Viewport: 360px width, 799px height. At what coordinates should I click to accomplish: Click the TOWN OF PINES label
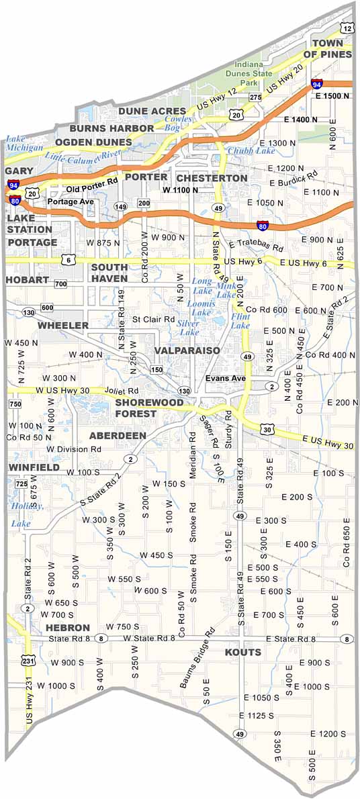(x=327, y=48)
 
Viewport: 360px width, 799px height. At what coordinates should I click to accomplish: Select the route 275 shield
(x=255, y=97)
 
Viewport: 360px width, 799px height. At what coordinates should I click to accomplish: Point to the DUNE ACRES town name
(x=152, y=111)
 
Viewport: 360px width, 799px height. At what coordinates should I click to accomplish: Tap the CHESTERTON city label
(x=212, y=178)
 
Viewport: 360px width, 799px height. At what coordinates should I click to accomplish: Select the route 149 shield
(x=120, y=206)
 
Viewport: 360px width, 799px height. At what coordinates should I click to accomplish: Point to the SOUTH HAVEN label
(x=109, y=272)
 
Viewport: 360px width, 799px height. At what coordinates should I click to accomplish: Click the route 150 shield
(x=156, y=369)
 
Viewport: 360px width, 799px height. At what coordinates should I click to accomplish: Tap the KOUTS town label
(x=242, y=653)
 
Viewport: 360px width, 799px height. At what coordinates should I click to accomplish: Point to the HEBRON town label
(x=68, y=627)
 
